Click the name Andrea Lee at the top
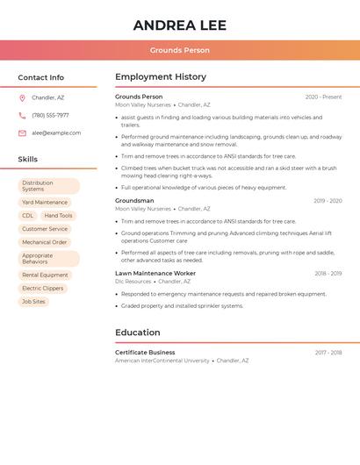pos(179,25)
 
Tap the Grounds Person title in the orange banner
pos(179,50)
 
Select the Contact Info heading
pos(41,77)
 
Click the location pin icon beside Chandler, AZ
pos(22,98)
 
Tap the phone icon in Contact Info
pos(22,115)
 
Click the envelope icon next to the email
pos(22,133)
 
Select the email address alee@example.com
pos(56,133)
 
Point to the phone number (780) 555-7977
pos(50,115)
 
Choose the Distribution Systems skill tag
pos(48,186)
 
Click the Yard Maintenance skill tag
pos(45,203)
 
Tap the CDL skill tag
pos(28,216)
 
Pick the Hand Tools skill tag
pos(59,216)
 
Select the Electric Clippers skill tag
pos(43,289)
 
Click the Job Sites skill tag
pos(33,302)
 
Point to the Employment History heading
pos(161,77)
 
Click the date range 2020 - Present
pos(323,97)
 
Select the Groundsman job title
pos(134,201)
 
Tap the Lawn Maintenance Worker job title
pos(155,273)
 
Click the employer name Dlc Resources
pos(133,282)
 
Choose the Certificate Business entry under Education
pos(145,352)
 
